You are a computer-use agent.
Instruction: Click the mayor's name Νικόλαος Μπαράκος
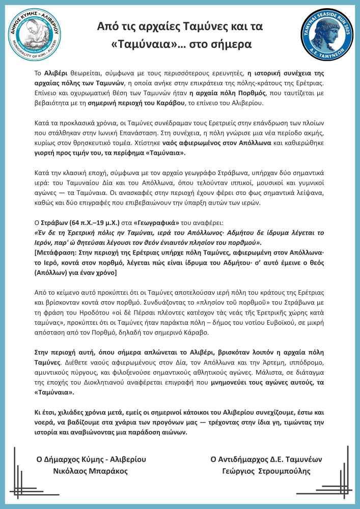click(x=91, y=471)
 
